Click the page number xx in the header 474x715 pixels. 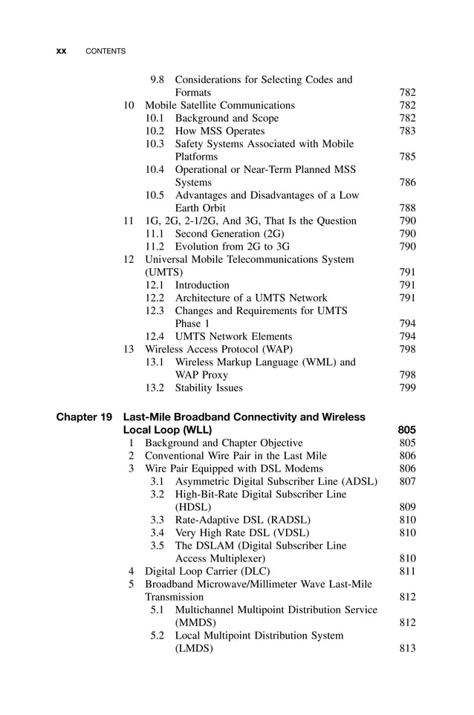62,51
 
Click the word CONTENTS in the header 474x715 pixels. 105,51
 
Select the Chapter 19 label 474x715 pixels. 84,417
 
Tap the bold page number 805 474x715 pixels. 406,430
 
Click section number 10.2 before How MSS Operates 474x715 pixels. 155,131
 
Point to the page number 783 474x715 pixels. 407,131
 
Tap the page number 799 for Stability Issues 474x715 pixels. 407,388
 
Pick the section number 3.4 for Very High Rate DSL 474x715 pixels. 157,532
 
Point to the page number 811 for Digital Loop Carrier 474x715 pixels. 407,571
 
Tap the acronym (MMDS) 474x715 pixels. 195,622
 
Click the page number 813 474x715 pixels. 407,648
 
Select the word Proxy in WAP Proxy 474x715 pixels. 214,375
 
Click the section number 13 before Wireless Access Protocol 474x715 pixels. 129,349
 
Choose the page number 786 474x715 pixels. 407,182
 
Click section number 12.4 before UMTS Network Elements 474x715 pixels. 155,336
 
